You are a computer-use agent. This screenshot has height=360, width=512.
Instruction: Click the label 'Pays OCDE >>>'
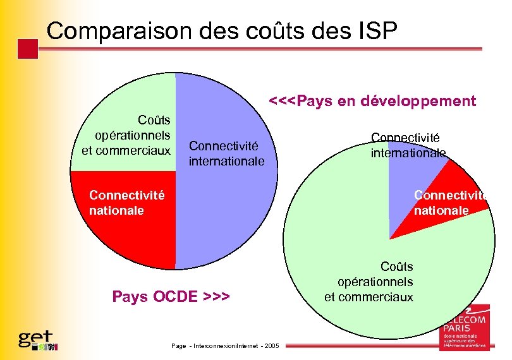(171, 296)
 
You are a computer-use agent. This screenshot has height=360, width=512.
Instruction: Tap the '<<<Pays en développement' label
(372, 101)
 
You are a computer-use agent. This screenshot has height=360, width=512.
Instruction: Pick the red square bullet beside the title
(28, 49)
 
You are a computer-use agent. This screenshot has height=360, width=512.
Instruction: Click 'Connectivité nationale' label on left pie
(126, 203)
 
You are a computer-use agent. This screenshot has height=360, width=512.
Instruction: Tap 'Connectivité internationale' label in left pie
(226, 153)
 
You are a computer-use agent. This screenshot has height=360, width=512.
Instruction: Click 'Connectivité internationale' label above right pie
(408, 145)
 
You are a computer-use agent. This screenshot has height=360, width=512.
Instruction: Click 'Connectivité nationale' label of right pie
(450, 203)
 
